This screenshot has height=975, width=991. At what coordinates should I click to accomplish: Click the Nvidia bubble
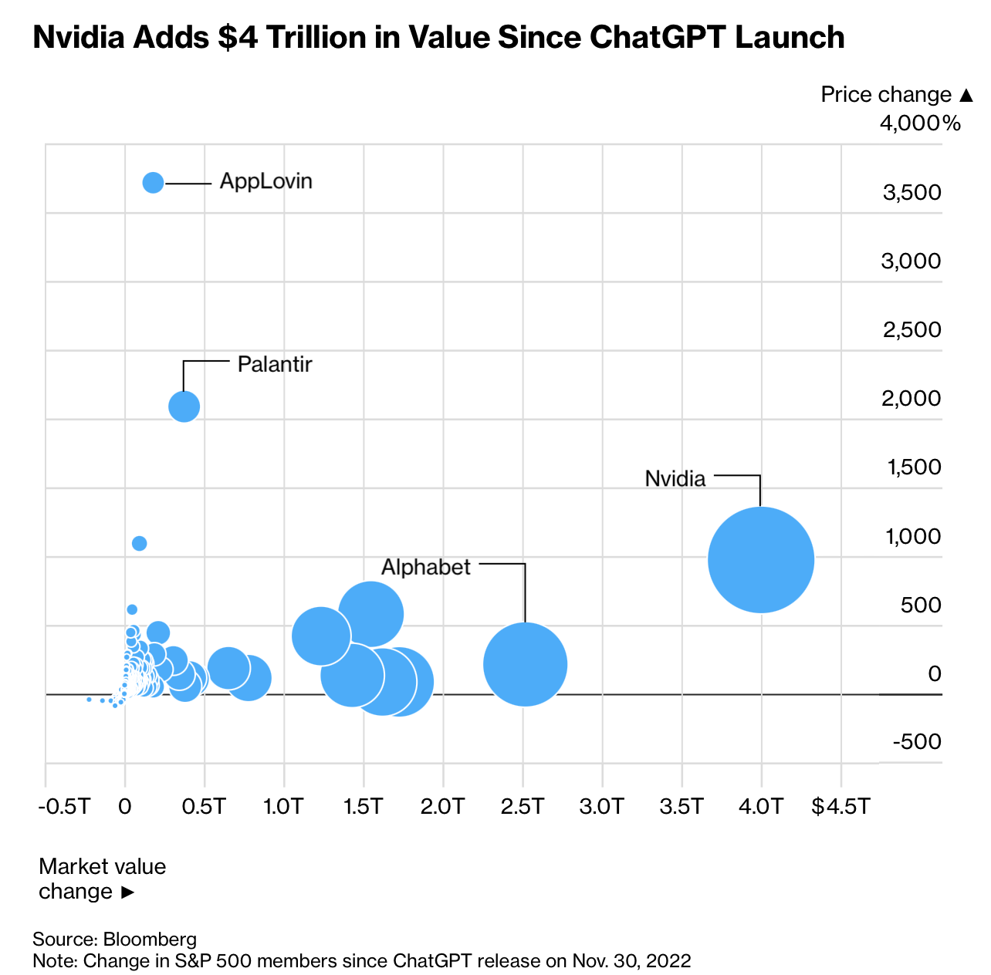click(x=761, y=559)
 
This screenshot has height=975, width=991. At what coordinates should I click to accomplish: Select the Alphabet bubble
click(x=525, y=663)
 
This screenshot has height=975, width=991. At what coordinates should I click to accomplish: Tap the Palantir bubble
click(x=184, y=406)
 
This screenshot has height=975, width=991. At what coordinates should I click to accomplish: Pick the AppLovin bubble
click(x=153, y=183)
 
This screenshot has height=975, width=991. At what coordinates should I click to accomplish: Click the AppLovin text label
click(x=266, y=182)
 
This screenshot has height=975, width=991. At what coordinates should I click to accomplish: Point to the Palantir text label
click(x=275, y=364)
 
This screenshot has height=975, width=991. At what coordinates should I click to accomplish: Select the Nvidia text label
click(x=675, y=479)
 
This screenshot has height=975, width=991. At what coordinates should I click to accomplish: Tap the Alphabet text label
click(x=426, y=568)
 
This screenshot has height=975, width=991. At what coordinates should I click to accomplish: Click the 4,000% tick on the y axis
click(x=920, y=123)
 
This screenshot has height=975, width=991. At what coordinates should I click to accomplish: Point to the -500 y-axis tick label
click(x=917, y=742)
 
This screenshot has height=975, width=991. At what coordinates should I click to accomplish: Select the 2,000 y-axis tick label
click(x=912, y=398)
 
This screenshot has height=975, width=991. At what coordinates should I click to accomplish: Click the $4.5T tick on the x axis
click(x=840, y=807)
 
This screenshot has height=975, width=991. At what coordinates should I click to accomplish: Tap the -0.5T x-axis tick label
click(x=64, y=807)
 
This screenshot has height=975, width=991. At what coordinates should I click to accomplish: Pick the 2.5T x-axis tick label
click(x=523, y=807)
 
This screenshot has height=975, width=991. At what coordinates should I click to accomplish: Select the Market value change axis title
click(x=102, y=879)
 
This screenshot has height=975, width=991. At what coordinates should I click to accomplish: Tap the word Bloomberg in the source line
click(x=150, y=940)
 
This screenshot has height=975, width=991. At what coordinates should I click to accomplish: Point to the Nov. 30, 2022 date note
click(x=631, y=961)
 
